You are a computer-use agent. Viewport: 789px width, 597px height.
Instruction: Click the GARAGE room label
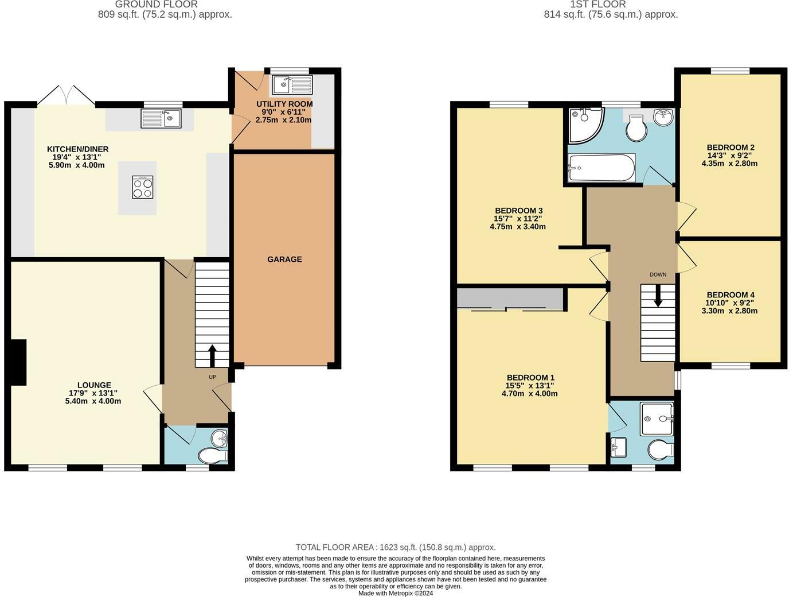[284, 259]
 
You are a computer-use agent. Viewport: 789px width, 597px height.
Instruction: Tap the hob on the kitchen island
[143, 187]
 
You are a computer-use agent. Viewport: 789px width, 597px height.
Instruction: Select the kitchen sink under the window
[161, 119]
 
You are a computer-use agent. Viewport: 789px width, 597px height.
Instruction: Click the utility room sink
[292, 85]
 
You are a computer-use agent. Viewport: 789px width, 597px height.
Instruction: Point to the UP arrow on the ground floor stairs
[212, 355]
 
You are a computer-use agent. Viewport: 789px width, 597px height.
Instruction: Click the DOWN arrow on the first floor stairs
[658, 295]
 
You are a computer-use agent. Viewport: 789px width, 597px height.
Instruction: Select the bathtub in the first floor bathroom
[601, 168]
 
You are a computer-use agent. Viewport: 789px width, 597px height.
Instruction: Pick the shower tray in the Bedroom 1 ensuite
[657, 419]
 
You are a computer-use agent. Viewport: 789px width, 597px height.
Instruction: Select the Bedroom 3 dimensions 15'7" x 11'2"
[517, 219]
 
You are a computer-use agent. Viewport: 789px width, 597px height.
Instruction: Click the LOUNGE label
[94, 385]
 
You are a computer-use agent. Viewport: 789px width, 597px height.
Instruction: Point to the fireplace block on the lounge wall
[18, 362]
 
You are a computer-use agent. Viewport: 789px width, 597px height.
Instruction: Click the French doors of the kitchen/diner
[67, 95]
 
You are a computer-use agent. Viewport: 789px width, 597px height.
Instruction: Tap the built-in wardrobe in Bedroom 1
[510, 299]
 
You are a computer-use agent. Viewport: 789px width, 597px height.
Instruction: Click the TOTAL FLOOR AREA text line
[395, 547]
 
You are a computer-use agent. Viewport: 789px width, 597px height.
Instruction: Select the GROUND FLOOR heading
[156, 5]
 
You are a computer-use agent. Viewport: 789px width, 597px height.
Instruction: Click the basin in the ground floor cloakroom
[220, 439]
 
